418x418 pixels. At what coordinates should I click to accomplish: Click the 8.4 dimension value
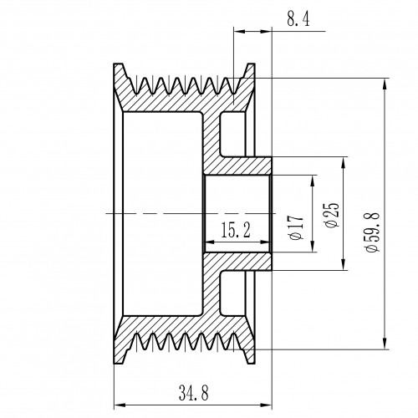pos(298,19)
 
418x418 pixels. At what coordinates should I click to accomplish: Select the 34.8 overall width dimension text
pos(193,393)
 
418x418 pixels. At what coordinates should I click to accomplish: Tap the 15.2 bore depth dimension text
pos(236,230)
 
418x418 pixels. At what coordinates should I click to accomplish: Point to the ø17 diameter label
pos(296,227)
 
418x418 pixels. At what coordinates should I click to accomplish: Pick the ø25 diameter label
pos(332,215)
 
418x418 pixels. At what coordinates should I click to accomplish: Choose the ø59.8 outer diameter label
pos(372,232)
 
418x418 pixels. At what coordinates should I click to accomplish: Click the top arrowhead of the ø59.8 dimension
pos(385,84)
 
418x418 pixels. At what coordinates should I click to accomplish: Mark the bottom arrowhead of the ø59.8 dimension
pos(385,344)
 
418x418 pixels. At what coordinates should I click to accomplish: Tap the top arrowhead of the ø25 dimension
pos(345,163)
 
